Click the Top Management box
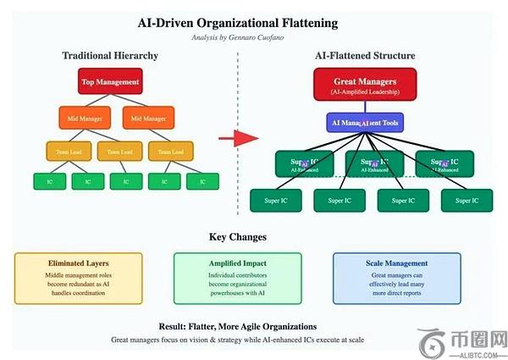[x=111, y=82]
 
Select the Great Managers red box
[x=365, y=86]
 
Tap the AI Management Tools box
[x=365, y=122]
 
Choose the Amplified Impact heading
[x=225, y=263]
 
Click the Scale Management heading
[x=397, y=263]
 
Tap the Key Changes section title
[x=238, y=236]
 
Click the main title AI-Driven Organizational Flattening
[x=238, y=23]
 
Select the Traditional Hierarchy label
[x=110, y=56]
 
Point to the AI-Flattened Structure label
[x=365, y=56]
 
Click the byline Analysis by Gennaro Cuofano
[x=238, y=38]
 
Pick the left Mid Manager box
[x=81, y=118]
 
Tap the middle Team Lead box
[x=120, y=152]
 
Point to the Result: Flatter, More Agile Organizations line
[x=238, y=325]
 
